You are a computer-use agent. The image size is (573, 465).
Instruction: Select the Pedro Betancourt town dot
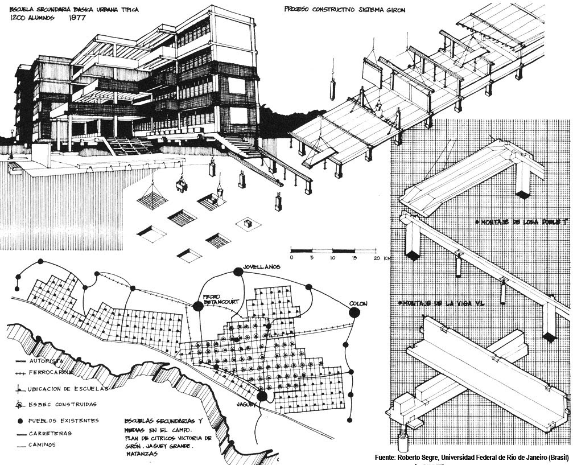197,306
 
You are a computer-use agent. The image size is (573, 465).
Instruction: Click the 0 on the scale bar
291,258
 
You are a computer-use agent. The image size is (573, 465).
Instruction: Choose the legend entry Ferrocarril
43,376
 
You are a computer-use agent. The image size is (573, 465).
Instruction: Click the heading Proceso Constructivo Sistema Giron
345,10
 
